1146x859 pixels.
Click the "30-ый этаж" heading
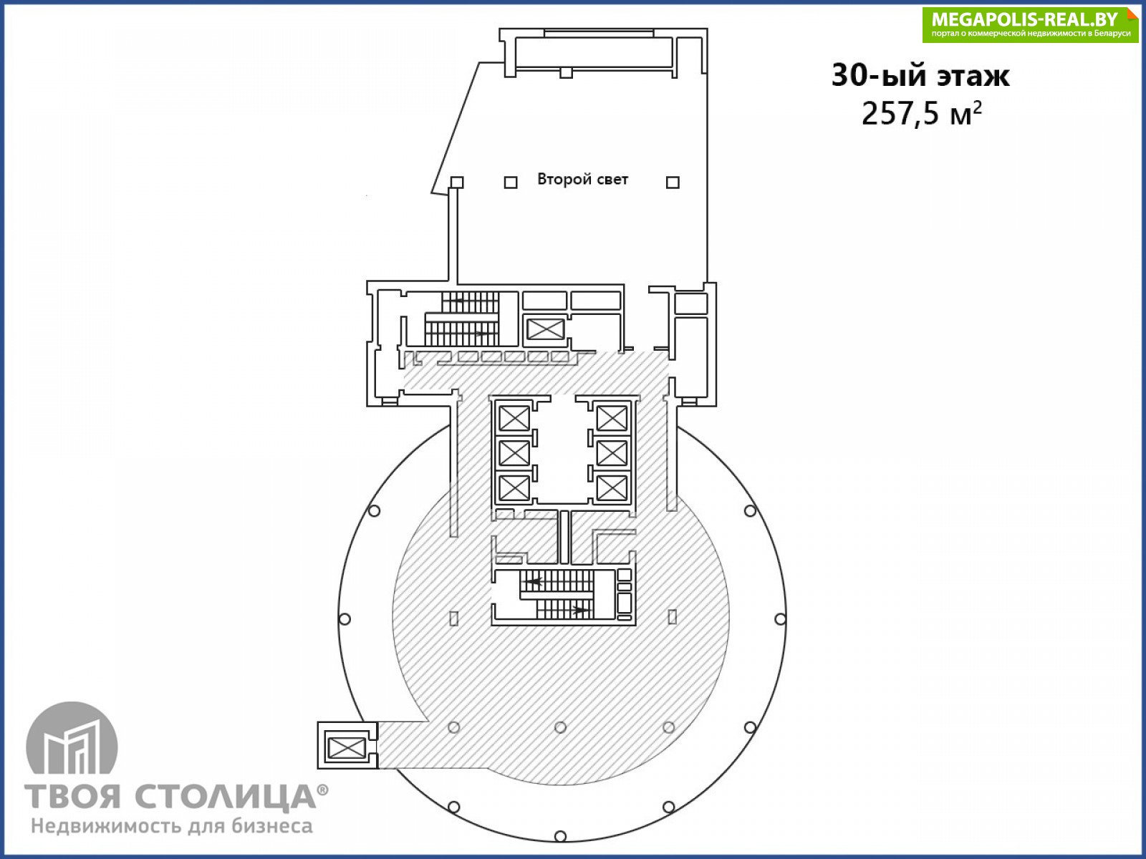(920, 76)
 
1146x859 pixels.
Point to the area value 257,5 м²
(922, 114)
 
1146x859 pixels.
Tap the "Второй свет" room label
(582, 180)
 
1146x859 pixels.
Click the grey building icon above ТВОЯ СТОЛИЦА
(72, 737)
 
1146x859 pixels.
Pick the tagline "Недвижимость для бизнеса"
(172, 826)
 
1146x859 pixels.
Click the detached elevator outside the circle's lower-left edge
(346, 746)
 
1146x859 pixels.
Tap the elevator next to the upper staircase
(545, 329)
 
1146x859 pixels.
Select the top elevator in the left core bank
(514, 418)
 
